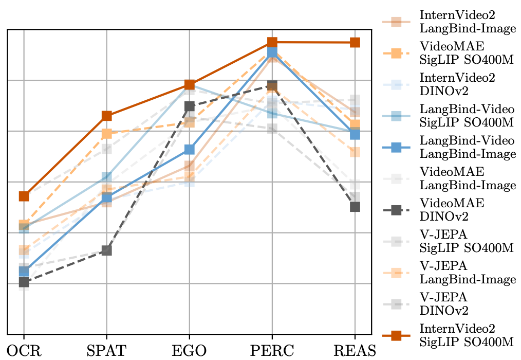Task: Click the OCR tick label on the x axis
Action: coord(23,351)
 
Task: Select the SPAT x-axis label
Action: coord(106,351)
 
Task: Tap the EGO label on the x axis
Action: coord(189,351)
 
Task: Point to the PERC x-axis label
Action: coord(272,351)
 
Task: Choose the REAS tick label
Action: coord(355,351)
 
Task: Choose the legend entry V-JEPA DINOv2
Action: coord(452,304)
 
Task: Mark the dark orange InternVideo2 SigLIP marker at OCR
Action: coord(24,196)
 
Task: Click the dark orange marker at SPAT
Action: coord(106,116)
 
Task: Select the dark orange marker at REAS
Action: coord(355,42)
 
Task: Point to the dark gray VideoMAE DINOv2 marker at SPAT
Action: coord(106,250)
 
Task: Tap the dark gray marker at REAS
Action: coord(355,207)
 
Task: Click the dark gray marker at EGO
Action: coord(189,106)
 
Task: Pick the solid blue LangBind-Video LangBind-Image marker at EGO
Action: coord(189,150)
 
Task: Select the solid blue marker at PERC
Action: coord(272,52)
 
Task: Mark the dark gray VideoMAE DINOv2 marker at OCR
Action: coord(24,282)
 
